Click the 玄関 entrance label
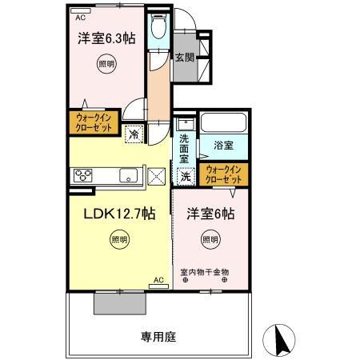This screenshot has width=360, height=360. pos(185,57)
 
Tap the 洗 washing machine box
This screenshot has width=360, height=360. pos(186,176)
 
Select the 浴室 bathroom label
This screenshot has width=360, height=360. pos(223,146)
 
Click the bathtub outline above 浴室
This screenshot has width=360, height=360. pos(223,123)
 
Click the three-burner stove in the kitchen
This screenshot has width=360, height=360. pos(82,174)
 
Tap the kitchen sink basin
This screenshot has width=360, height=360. pos(129,174)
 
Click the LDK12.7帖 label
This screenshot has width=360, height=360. pos(119,214)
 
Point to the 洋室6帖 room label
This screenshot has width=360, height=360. pos(211,214)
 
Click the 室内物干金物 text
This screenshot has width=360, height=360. pos(206,271)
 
